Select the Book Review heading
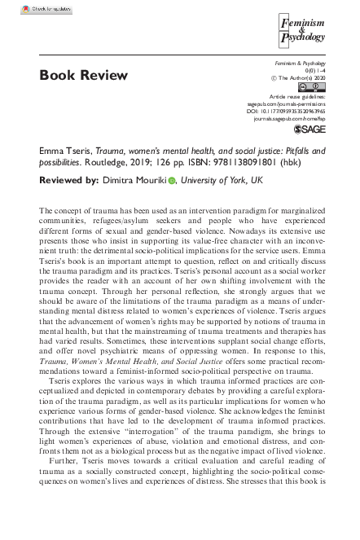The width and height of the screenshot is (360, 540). tap(83, 76)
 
